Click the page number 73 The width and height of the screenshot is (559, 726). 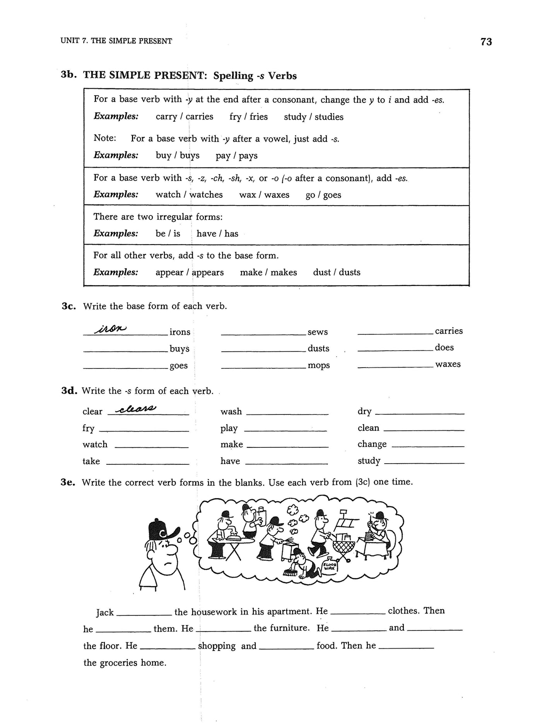pyautogui.click(x=486, y=42)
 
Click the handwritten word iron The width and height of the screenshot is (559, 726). pyautogui.click(x=111, y=329)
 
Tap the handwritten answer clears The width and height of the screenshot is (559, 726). pyautogui.click(x=136, y=409)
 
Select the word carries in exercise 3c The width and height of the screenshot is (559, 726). pyautogui.click(x=449, y=331)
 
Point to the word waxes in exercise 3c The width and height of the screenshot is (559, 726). pyautogui.click(x=448, y=364)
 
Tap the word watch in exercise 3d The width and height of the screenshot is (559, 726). pyautogui.click(x=95, y=445)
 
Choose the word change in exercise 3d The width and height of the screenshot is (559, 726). pyautogui.click(x=372, y=444)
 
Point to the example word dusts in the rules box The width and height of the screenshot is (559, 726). pyautogui.click(x=350, y=272)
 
